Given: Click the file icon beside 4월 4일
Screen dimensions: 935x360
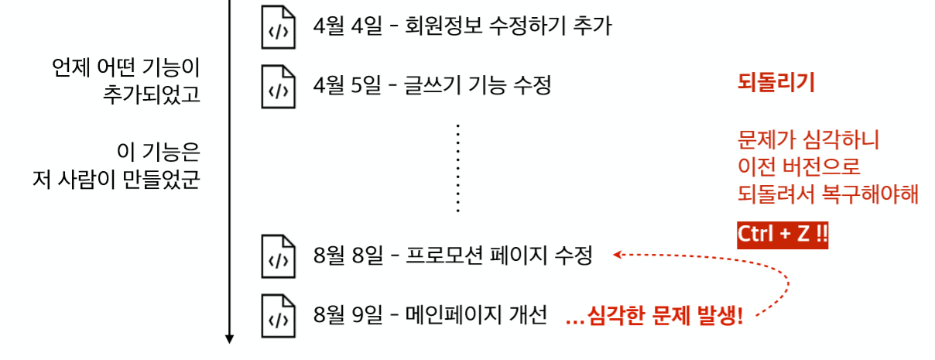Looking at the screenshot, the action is (x=278, y=28).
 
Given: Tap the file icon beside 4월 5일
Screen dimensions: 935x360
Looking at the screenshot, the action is (x=278, y=86).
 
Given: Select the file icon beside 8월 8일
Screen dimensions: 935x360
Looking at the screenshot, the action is (x=278, y=255).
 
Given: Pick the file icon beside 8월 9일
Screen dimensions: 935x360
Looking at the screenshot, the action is (x=278, y=315).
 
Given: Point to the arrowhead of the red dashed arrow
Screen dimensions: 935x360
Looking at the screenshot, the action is (x=617, y=253).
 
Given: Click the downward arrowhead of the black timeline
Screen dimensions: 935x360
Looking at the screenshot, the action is (x=230, y=337).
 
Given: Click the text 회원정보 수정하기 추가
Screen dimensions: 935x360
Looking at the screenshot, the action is (x=509, y=27).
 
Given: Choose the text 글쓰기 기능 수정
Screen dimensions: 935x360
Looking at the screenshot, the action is (x=478, y=85).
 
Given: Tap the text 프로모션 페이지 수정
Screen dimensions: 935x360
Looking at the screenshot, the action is (x=499, y=255).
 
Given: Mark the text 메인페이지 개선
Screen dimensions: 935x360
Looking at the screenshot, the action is (x=477, y=315).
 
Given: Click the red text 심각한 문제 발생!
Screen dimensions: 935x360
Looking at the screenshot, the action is (x=664, y=316).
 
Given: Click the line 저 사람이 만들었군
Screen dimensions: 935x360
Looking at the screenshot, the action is (x=116, y=180).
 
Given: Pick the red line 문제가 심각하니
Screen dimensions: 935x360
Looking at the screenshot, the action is (x=809, y=141).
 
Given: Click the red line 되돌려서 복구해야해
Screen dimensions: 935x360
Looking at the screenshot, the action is (x=828, y=194).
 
